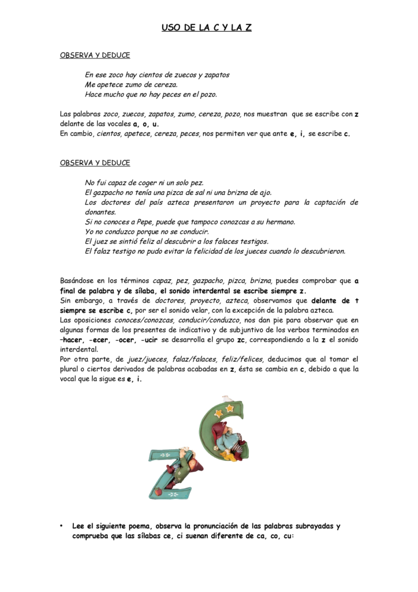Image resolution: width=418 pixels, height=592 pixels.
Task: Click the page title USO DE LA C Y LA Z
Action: [x=207, y=27]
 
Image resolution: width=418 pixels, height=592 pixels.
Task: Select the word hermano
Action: [x=279, y=221]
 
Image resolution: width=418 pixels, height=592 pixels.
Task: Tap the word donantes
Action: [x=100, y=212]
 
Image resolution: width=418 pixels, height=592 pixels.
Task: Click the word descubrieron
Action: [x=323, y=251]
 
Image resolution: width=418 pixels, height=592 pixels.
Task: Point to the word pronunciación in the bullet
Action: [x=219, y=526]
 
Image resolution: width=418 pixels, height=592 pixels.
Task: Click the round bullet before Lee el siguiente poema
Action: [x=61, y=526]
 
